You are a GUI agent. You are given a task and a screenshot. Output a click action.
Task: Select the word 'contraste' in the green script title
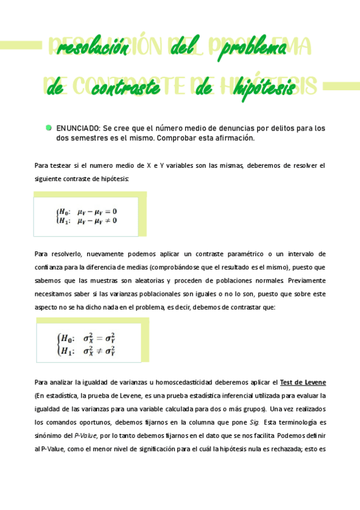point(126,88)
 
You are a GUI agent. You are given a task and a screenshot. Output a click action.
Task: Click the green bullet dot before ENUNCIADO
point(48,127)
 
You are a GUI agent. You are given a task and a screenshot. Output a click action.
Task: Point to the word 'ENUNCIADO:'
point(79,128)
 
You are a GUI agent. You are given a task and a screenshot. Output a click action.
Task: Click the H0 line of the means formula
point(87,211)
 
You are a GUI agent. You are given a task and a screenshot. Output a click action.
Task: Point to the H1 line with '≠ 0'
point(87,220)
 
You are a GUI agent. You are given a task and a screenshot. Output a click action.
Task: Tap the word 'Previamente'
point(307,280)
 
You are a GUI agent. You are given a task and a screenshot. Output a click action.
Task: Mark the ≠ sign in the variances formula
point(98,351)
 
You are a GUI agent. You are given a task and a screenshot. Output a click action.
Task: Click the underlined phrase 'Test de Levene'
point(303,382)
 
